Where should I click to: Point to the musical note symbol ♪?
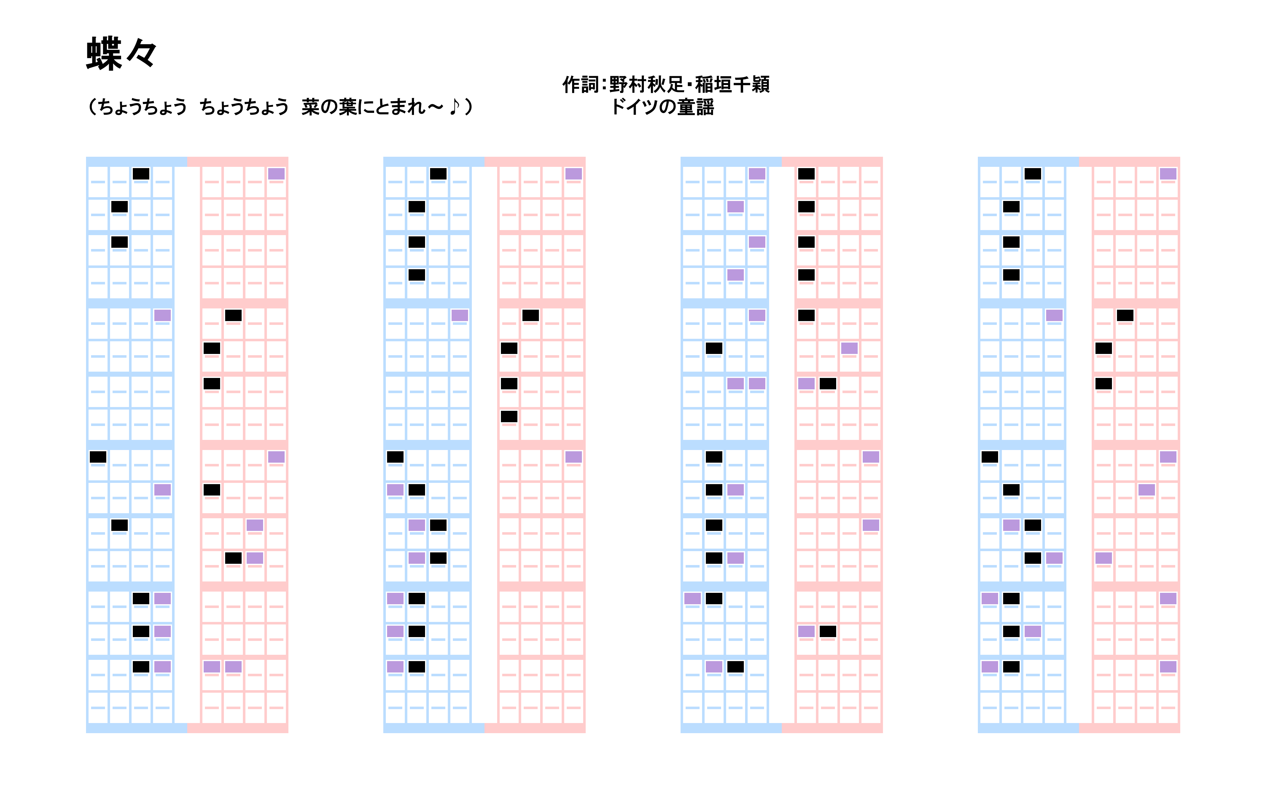[454, 106]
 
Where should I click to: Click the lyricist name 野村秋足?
[646, 85]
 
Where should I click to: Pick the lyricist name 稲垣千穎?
[733, 85]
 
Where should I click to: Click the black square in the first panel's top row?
[141, 174]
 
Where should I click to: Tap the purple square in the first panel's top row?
[276, 174]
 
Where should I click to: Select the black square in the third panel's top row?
[806, 174]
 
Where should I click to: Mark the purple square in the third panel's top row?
[757, 174]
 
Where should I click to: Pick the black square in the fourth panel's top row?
[1033, 174]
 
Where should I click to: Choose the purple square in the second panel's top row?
[573, 174]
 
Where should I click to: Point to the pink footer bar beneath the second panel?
[535, 728]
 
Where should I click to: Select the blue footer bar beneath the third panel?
[731, 728]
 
